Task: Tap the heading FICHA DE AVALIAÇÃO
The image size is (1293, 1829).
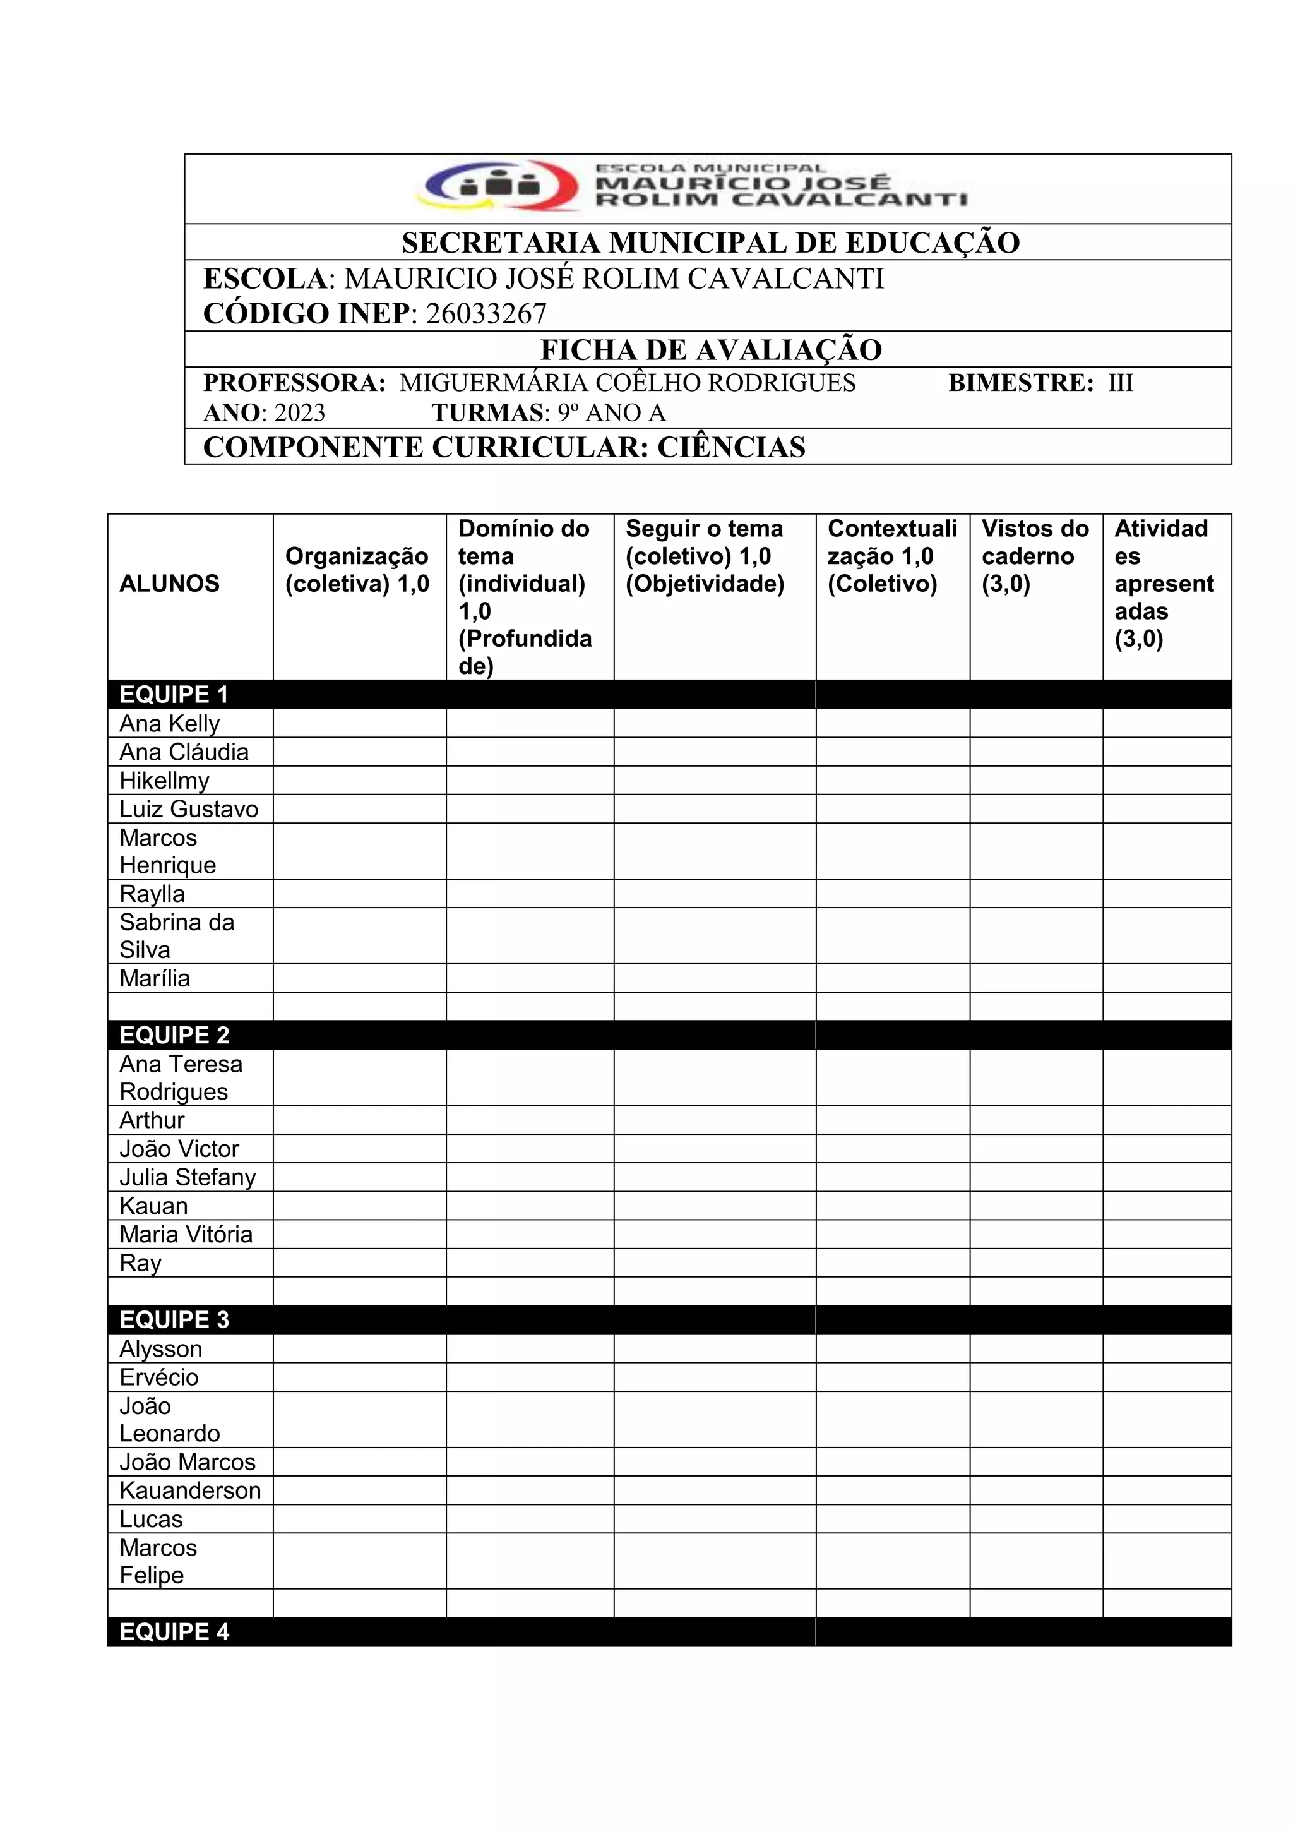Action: (710, 350)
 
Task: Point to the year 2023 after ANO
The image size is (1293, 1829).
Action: (299, 412)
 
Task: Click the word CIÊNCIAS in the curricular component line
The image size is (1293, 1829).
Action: (731, 448)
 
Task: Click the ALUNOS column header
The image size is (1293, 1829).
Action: (169, 584)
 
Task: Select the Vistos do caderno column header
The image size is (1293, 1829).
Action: (1034, 556)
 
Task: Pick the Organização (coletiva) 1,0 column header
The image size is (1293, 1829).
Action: (357, 570)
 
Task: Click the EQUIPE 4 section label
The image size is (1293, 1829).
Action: (174, 1632)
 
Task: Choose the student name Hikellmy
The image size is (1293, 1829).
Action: (164, 781)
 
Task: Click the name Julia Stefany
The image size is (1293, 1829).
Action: (188, 1177)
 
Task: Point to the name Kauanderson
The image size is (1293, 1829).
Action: (190, 1490)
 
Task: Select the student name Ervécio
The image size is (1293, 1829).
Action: (159, 1377)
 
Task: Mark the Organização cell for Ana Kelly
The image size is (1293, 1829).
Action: (359, 723)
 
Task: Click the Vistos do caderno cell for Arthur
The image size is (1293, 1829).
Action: (1036, 1120)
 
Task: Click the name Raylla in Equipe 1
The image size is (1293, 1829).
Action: (152, 894)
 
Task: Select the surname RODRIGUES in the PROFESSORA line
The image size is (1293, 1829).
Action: (782, 383)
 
